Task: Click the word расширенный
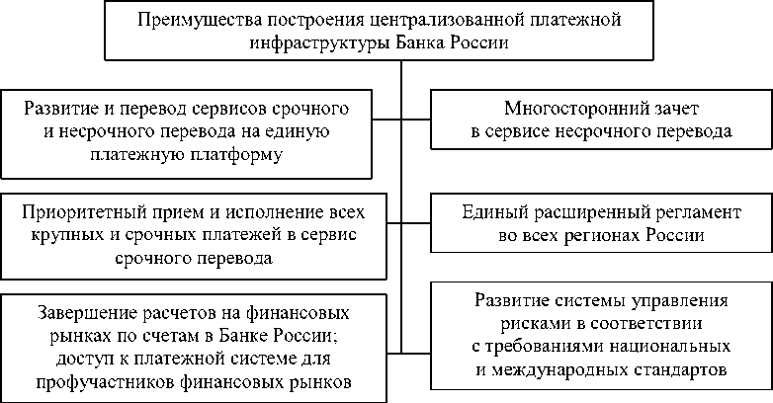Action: (567, 213)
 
